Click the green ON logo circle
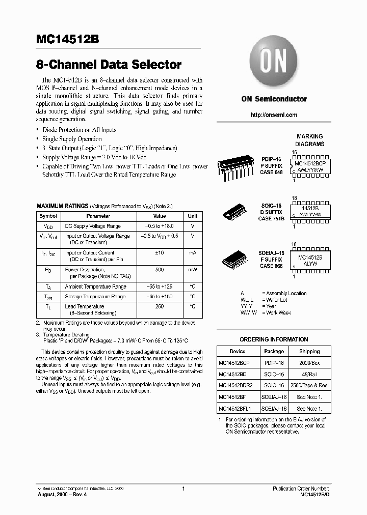[274, 62]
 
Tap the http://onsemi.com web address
[274, 115]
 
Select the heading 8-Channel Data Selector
[109, 65]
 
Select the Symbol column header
[48, 216]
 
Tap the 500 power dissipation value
[159, 270]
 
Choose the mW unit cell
[192, 270]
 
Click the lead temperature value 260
[159, 307]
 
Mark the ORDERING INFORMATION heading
[274, 339]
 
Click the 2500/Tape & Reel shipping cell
[309, 385]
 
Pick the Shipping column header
[309, 351]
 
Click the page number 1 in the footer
[182, 489]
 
